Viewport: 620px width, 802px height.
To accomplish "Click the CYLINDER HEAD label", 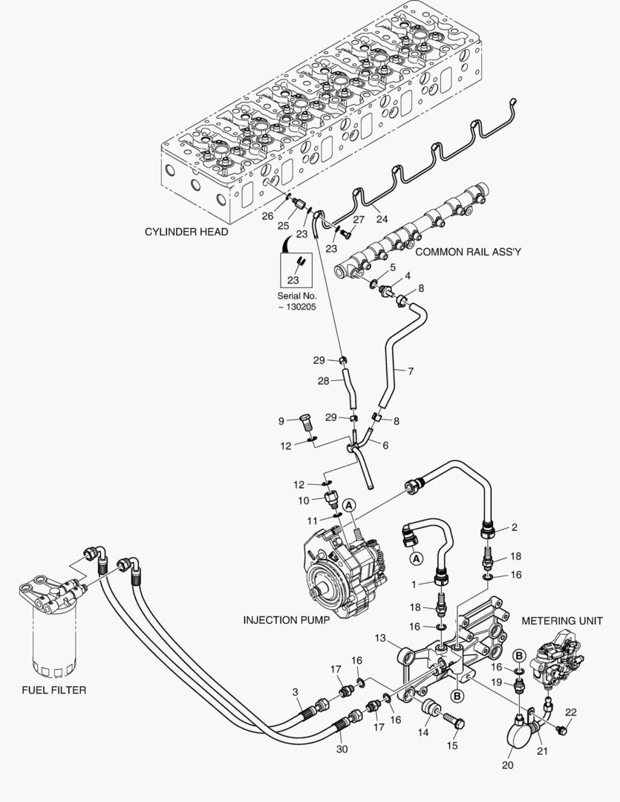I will [x=186, y=232].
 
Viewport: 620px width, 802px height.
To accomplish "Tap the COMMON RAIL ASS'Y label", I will [x=468, y=252].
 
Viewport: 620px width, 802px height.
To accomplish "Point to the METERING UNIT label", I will [x=561, y=620].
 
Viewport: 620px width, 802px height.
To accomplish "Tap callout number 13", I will [x=381, y=638].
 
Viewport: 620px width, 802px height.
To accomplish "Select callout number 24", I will [x=382, y=218].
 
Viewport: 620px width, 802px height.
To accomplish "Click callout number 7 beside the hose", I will [x=411, y=370].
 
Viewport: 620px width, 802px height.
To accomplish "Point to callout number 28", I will [x=323, y=380].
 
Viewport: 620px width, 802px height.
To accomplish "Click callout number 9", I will [x=281, y=421].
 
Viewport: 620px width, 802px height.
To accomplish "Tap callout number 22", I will [x=570, y=712].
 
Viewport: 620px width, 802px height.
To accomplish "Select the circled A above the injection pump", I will [x=350, y=504].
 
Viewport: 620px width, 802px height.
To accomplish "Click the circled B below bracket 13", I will [x=457, y=696].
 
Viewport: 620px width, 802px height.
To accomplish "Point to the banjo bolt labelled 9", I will [x=305, y=423].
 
